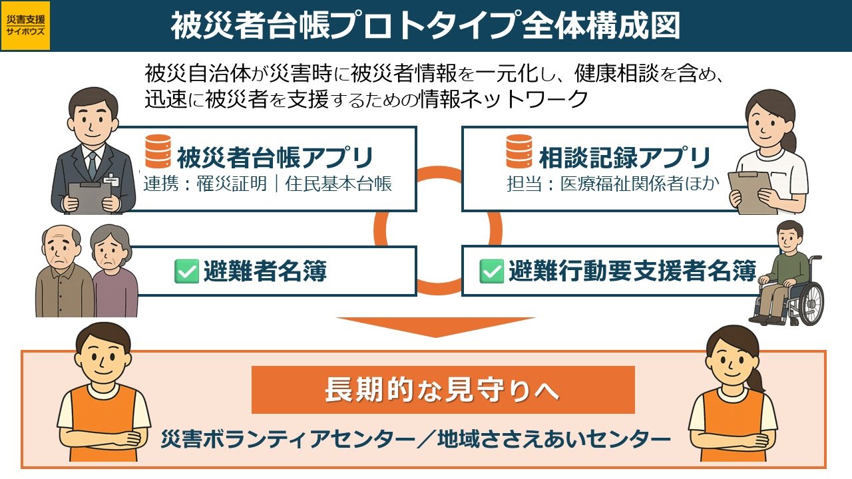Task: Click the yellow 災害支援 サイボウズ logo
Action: (x=25, y=26)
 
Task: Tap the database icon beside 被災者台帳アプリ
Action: (x=158, y=151)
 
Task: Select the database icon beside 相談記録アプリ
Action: (x=519, y=151)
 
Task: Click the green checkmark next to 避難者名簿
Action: (x=186, y=271)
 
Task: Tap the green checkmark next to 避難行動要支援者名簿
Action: (x=491, y=271)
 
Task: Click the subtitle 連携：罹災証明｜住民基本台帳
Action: (x=268, y=184)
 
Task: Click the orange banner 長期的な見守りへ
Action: (x=443, y=390)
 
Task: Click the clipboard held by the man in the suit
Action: (x=90, y=198)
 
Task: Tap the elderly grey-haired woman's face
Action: (x=108, y=248)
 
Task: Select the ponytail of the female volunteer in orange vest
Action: (x=755, y=380)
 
